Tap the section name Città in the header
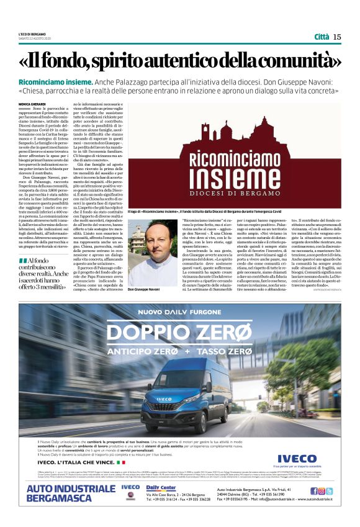pos(322,37)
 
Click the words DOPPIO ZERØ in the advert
pos(180,333)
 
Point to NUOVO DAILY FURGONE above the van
pos(180,312)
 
